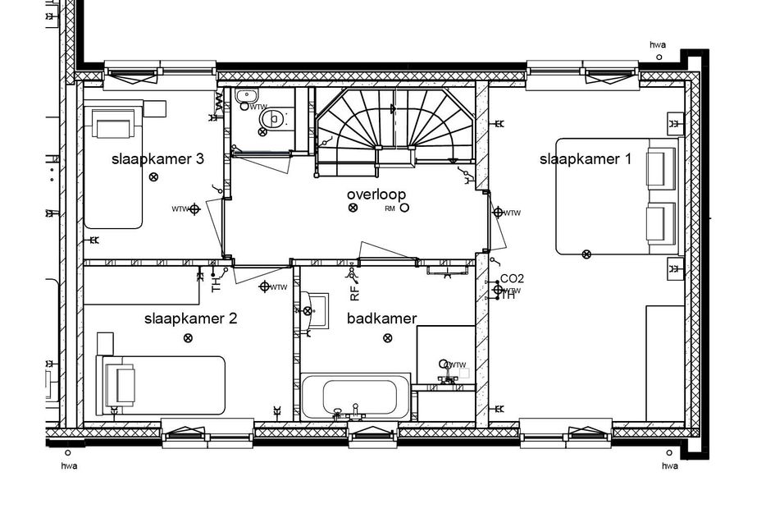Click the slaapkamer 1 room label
tap(585, 159)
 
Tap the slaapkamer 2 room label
tap(190, 318)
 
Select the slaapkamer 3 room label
tap(157, 159)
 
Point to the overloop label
tap(376, 194)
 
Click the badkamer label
tap(381, 318)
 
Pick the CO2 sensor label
tap(512, 279)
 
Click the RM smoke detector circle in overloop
tap(404, 208)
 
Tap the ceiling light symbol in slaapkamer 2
tap(188, 338)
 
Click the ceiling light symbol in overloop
tap(353, 208)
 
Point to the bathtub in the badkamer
tap(355, 397)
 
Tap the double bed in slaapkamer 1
tap(618, 197)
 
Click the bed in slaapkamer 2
tap(160, 385)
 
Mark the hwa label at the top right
tap(658, 44)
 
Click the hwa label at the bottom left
tap(69, 466)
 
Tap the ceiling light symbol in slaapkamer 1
tap(586, 254)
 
